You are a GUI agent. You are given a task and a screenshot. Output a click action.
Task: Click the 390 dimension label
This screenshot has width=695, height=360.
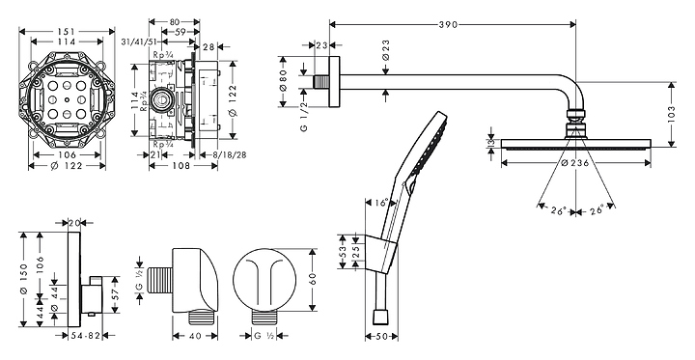448,25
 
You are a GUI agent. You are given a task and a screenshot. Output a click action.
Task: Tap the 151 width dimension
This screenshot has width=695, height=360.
67,32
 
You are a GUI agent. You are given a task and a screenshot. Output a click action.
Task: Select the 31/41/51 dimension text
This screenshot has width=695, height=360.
139,42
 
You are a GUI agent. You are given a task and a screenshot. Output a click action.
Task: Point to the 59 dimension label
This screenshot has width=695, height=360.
180,32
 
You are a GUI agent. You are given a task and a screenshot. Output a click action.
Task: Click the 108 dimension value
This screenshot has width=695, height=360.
181,166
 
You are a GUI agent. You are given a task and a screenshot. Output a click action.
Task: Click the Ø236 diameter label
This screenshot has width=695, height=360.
575,163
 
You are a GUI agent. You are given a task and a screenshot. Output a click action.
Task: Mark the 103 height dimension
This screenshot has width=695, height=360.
671,115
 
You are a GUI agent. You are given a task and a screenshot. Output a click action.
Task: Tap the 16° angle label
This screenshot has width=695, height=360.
380,202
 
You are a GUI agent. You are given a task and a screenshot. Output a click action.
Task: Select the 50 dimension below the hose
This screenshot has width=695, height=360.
381,337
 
